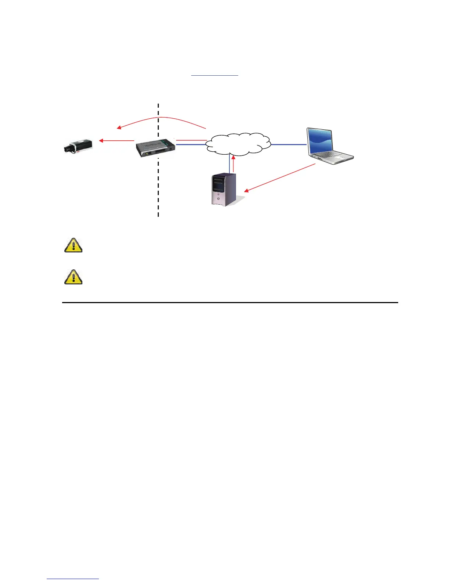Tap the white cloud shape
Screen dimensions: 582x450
tap(238, 144)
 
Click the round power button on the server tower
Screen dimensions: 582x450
tap(218, 199)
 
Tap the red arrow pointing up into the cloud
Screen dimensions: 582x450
tap(233, 164)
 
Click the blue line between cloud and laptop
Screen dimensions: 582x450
tap(289, 144)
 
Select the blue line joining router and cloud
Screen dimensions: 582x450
tap(190, 145)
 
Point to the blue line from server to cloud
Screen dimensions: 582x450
tap(229, 164)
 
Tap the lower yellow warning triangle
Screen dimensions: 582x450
tap(74, 277)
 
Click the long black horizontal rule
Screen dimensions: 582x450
tap(230, 302)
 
